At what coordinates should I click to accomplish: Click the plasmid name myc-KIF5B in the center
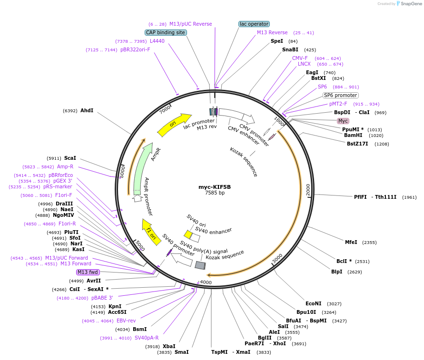tap(214, 187)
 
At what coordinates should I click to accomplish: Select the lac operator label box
tap(254, 24)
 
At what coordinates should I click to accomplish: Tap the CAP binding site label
tap(166, 32)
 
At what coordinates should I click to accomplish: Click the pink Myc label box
tap(343, 121)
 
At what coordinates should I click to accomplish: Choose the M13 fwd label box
tap(88, 272)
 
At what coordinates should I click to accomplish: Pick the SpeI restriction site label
tap(276, 41)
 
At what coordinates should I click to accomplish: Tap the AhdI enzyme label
tap(87, 110)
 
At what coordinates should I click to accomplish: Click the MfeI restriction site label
tap(351, 242)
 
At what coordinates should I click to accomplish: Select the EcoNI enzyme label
tap(314, 303)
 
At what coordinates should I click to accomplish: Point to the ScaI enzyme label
tap(70, 158)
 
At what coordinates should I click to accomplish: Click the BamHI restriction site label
tap(353, 135)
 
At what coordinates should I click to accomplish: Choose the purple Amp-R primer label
tap(65, 167)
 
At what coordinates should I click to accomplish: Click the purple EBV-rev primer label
tap(126, 321)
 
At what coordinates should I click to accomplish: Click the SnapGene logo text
tap(410, 4)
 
